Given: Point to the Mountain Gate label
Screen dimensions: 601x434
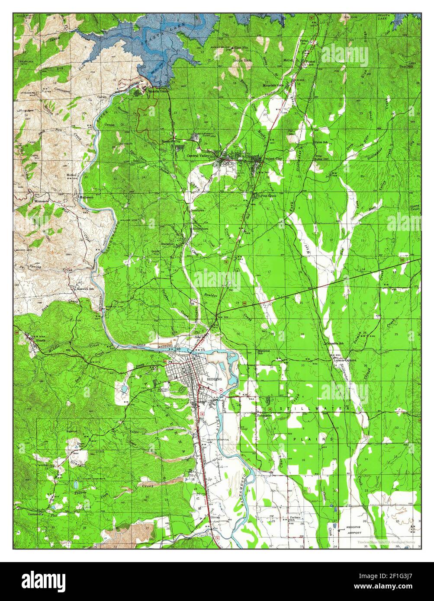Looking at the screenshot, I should click(x=273, y=85).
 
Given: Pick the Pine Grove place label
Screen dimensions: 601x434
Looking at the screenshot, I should click(x=269, y=196).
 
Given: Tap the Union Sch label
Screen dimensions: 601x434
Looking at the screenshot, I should click(x=321, y=142).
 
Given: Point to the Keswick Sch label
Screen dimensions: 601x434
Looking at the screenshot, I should click(x=82, y=289).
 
